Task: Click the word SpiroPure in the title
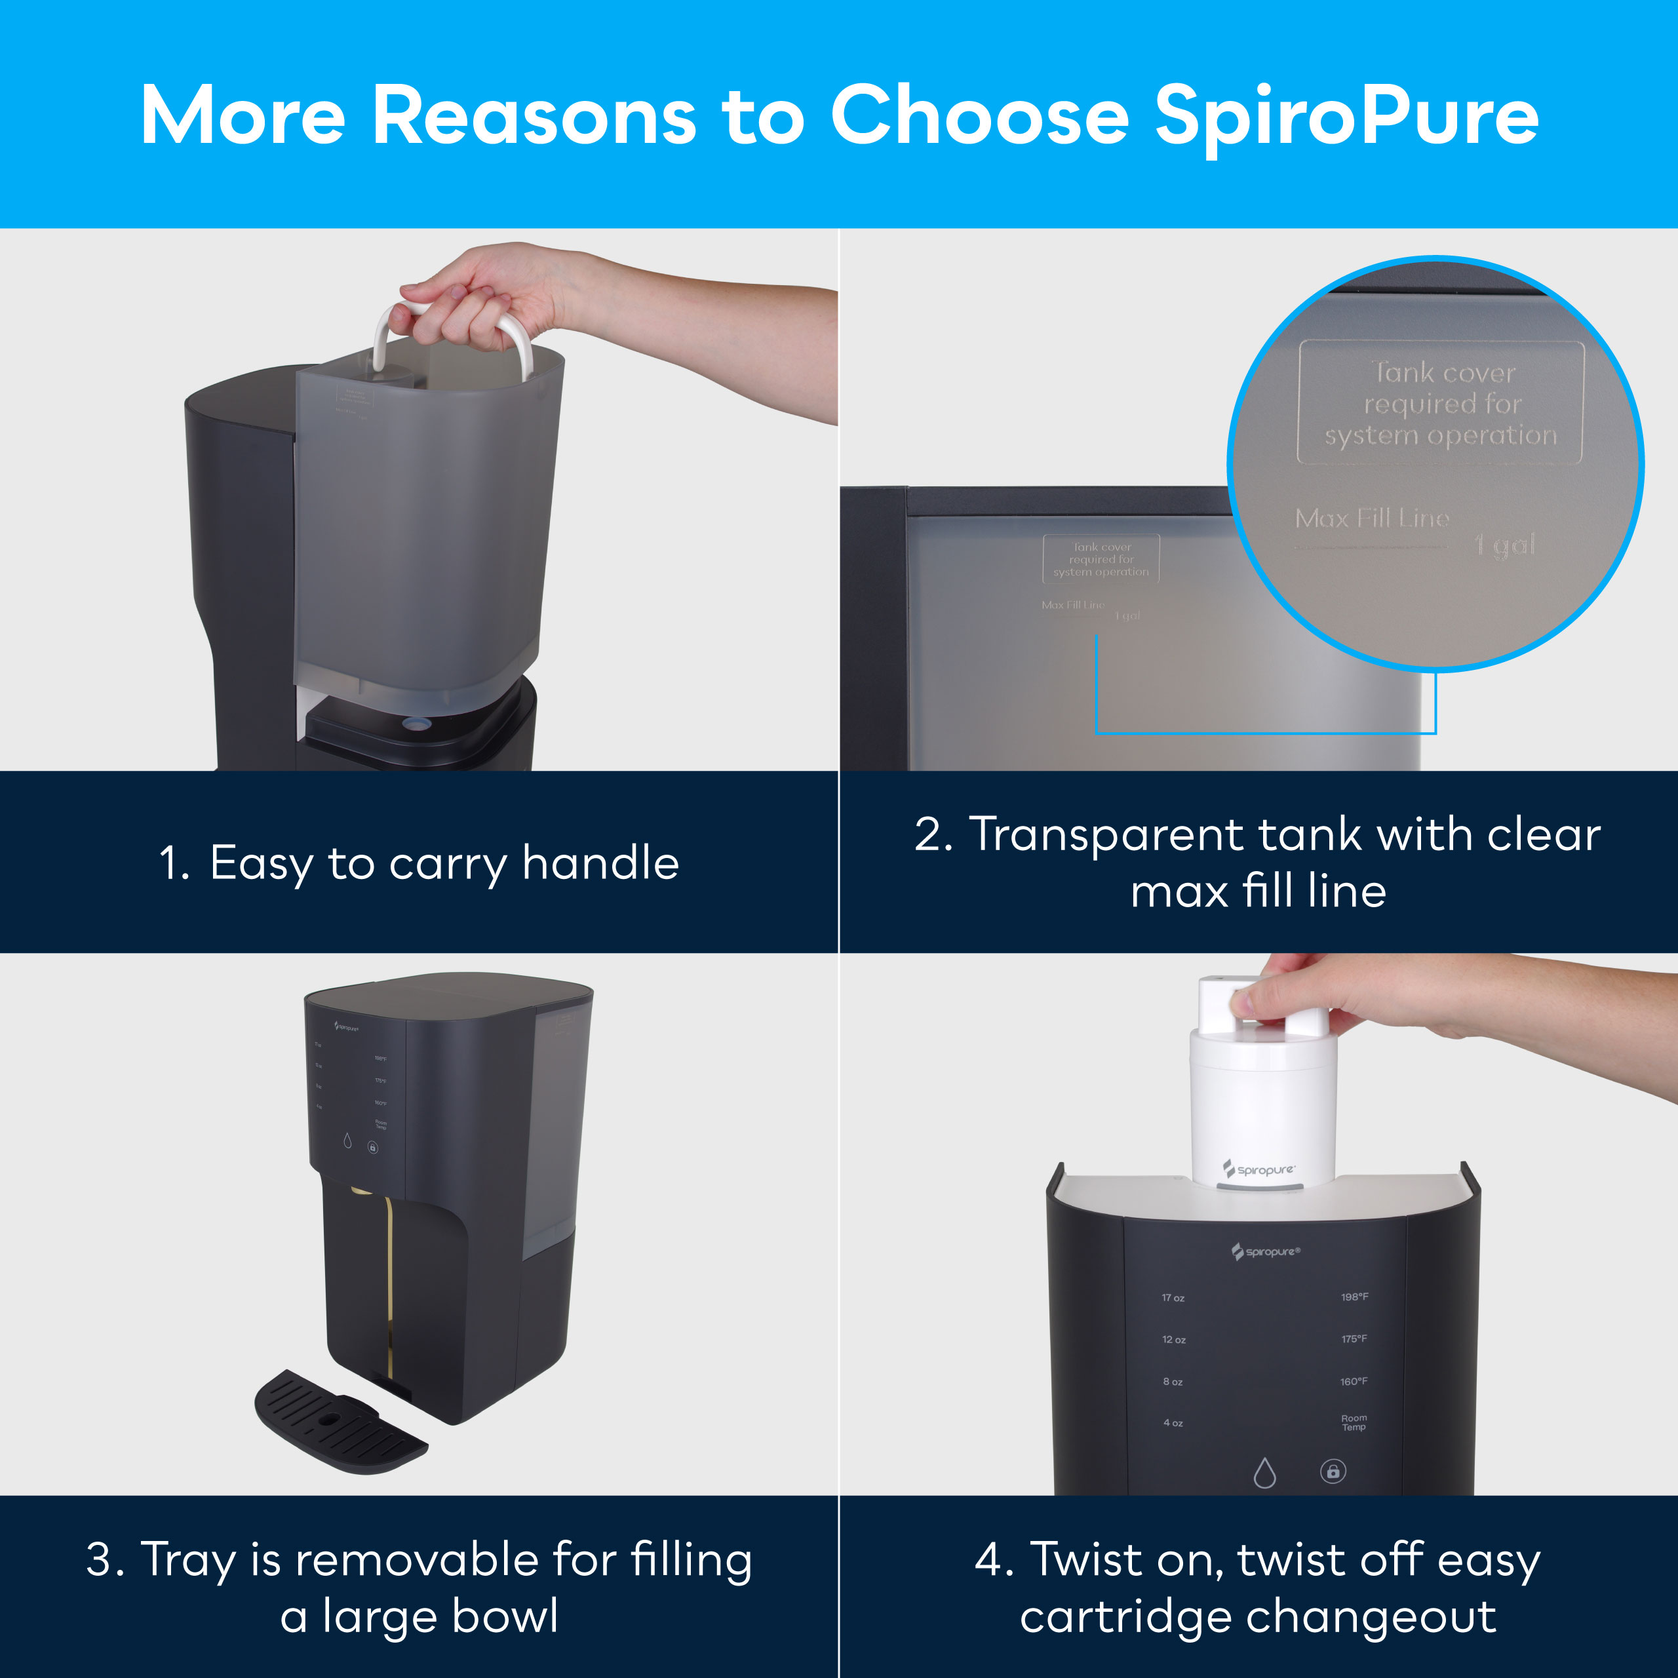pos(1346,117)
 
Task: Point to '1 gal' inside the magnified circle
pos(1505,545)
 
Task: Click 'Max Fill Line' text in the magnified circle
pos(1373,518)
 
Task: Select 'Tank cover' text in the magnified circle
pos(1445,372)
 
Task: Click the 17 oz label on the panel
pos(1173,1298)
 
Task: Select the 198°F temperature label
pos(1354,1297)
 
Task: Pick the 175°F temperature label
pos(1354,1338)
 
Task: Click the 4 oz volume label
pos(1173,1422)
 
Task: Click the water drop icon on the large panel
pos(1264,1472)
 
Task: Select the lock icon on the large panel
pos(1333,1470)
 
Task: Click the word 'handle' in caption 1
pos(600,863)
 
